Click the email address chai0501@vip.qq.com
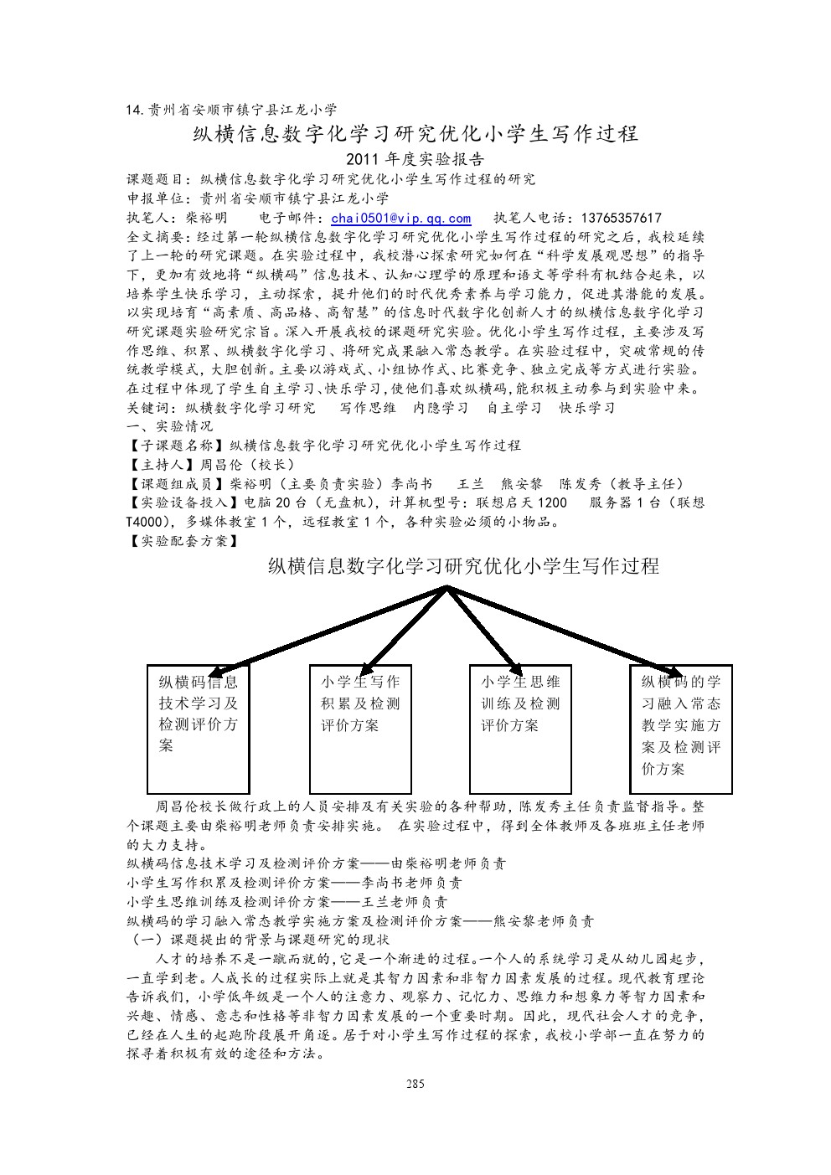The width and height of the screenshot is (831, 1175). click(401, 218)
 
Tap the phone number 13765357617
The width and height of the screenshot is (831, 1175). click(620, 218)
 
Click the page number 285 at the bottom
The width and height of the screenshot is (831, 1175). click(415, 1084)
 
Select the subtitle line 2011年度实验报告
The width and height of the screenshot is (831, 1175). click(415, 159)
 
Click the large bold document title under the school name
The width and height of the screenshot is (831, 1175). click(415, 134)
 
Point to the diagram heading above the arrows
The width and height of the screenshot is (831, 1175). click(463, 567)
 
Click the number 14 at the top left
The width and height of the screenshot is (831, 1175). click(134, 109)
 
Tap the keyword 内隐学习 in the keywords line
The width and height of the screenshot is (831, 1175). click(441, 408)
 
